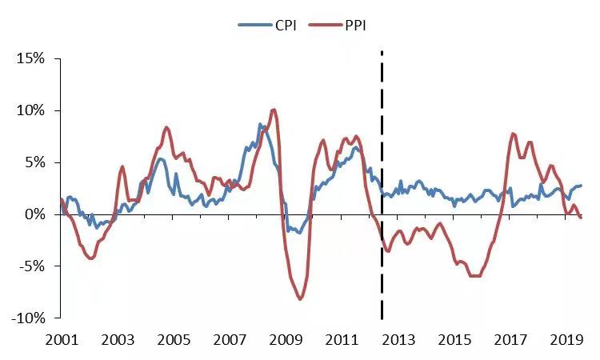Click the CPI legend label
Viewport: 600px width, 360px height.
point(286,26)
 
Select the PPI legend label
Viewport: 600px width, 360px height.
point(355,26)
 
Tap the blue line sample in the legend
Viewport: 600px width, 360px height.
point(255,26)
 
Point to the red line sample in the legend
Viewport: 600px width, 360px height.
point(326,26)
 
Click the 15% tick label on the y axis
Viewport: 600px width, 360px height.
point(30,58)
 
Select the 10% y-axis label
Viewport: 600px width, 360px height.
point(30,110)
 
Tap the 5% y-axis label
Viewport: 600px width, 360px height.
point(34,162)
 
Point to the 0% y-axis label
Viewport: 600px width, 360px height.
point(34,214)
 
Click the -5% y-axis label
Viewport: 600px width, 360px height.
point(32,266)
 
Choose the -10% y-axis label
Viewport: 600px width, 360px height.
point(28,318)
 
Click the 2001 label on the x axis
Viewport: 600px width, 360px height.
point(62,340)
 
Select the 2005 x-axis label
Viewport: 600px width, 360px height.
point(174,340)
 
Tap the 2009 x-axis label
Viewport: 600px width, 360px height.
point(286,340)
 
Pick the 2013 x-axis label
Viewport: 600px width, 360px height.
point(398,340)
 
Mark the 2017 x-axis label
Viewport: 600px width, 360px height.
point(510,340)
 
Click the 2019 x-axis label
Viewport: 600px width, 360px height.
point(566,340)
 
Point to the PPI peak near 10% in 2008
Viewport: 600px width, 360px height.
point(274,110)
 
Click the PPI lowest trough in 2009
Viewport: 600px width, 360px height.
point(300,298)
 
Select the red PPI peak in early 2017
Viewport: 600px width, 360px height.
point(513,134)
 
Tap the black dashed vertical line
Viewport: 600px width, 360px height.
point(382,185)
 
